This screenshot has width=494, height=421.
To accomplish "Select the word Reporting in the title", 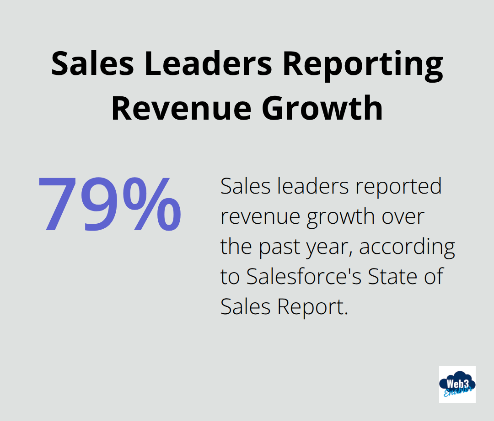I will click(362, 64).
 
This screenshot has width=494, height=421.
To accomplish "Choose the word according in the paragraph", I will click(407, 247).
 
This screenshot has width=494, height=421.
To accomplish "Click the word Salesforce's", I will click(303, 277).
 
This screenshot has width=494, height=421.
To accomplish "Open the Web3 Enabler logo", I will click(457, 384).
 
